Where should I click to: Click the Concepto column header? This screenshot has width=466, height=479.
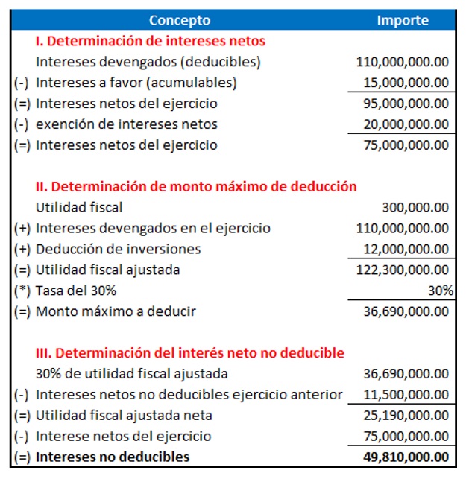180,20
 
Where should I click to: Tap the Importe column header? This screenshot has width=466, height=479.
403,20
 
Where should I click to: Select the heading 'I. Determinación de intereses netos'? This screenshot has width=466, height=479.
150,41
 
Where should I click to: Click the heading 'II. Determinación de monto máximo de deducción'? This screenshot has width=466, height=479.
196,186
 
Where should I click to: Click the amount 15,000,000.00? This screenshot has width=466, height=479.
406,83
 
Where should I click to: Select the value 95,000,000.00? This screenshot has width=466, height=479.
406,104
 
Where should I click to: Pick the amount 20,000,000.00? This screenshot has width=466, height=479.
406,124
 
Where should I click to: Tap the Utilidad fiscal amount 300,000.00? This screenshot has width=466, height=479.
415,207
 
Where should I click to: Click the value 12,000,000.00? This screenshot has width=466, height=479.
406,249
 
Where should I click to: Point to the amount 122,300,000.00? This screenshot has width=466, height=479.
403,270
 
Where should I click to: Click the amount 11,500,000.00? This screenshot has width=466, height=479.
406,394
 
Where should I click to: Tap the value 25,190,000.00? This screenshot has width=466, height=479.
406,415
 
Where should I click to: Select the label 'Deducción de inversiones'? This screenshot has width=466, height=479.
119,249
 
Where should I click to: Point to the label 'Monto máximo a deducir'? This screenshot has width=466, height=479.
116,311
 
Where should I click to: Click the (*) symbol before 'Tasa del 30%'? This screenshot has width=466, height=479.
22,291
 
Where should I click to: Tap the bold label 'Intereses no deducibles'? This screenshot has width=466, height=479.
113,457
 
